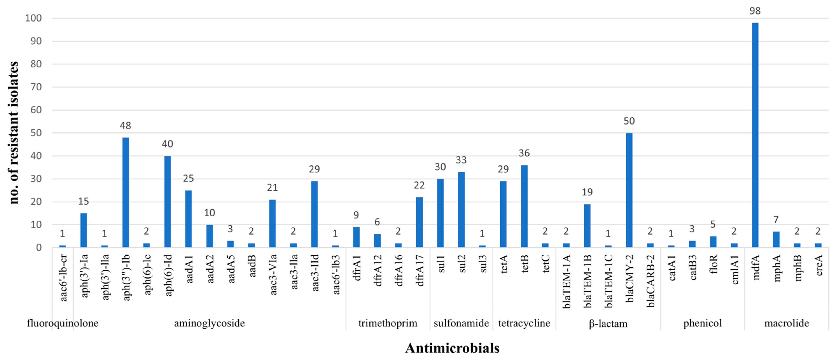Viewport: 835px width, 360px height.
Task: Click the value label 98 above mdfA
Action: tap(755, 11)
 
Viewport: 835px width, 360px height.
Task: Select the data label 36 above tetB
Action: tap(524, 153)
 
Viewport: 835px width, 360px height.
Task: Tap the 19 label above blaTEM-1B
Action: tap(587, 192)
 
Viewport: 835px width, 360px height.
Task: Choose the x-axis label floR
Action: tap(713, 264)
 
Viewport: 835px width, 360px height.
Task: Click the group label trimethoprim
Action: tap(388, 323)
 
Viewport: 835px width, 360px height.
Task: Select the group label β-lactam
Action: tap(608, 323)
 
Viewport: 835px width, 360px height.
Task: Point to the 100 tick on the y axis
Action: tap(33, 18)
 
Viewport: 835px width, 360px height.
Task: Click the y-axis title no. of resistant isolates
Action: tap(14, 133)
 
